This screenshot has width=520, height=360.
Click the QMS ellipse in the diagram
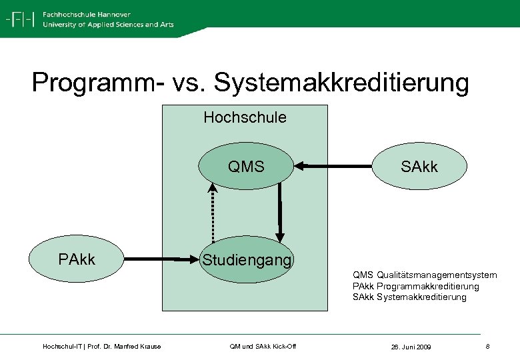click(246, 167)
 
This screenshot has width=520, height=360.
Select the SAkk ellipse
click(419, 167)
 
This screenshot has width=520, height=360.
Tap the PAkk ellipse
click(77, 259)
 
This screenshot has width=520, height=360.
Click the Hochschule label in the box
click(245, 118)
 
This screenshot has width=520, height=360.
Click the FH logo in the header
click(20, 19)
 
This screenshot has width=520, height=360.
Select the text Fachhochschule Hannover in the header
click(86, 14)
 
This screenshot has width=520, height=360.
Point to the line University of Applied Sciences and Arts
click(107, 25)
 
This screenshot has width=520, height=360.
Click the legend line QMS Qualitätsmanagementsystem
click(425, 275)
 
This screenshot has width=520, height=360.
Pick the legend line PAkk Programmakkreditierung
click(415, 286)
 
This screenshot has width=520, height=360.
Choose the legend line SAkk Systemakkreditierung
click(409, 297)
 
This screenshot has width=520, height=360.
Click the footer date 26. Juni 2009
click(411, 347)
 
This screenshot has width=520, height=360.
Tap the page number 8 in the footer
click(488, 347)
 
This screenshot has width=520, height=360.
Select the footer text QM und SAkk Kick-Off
click(262, 346)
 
